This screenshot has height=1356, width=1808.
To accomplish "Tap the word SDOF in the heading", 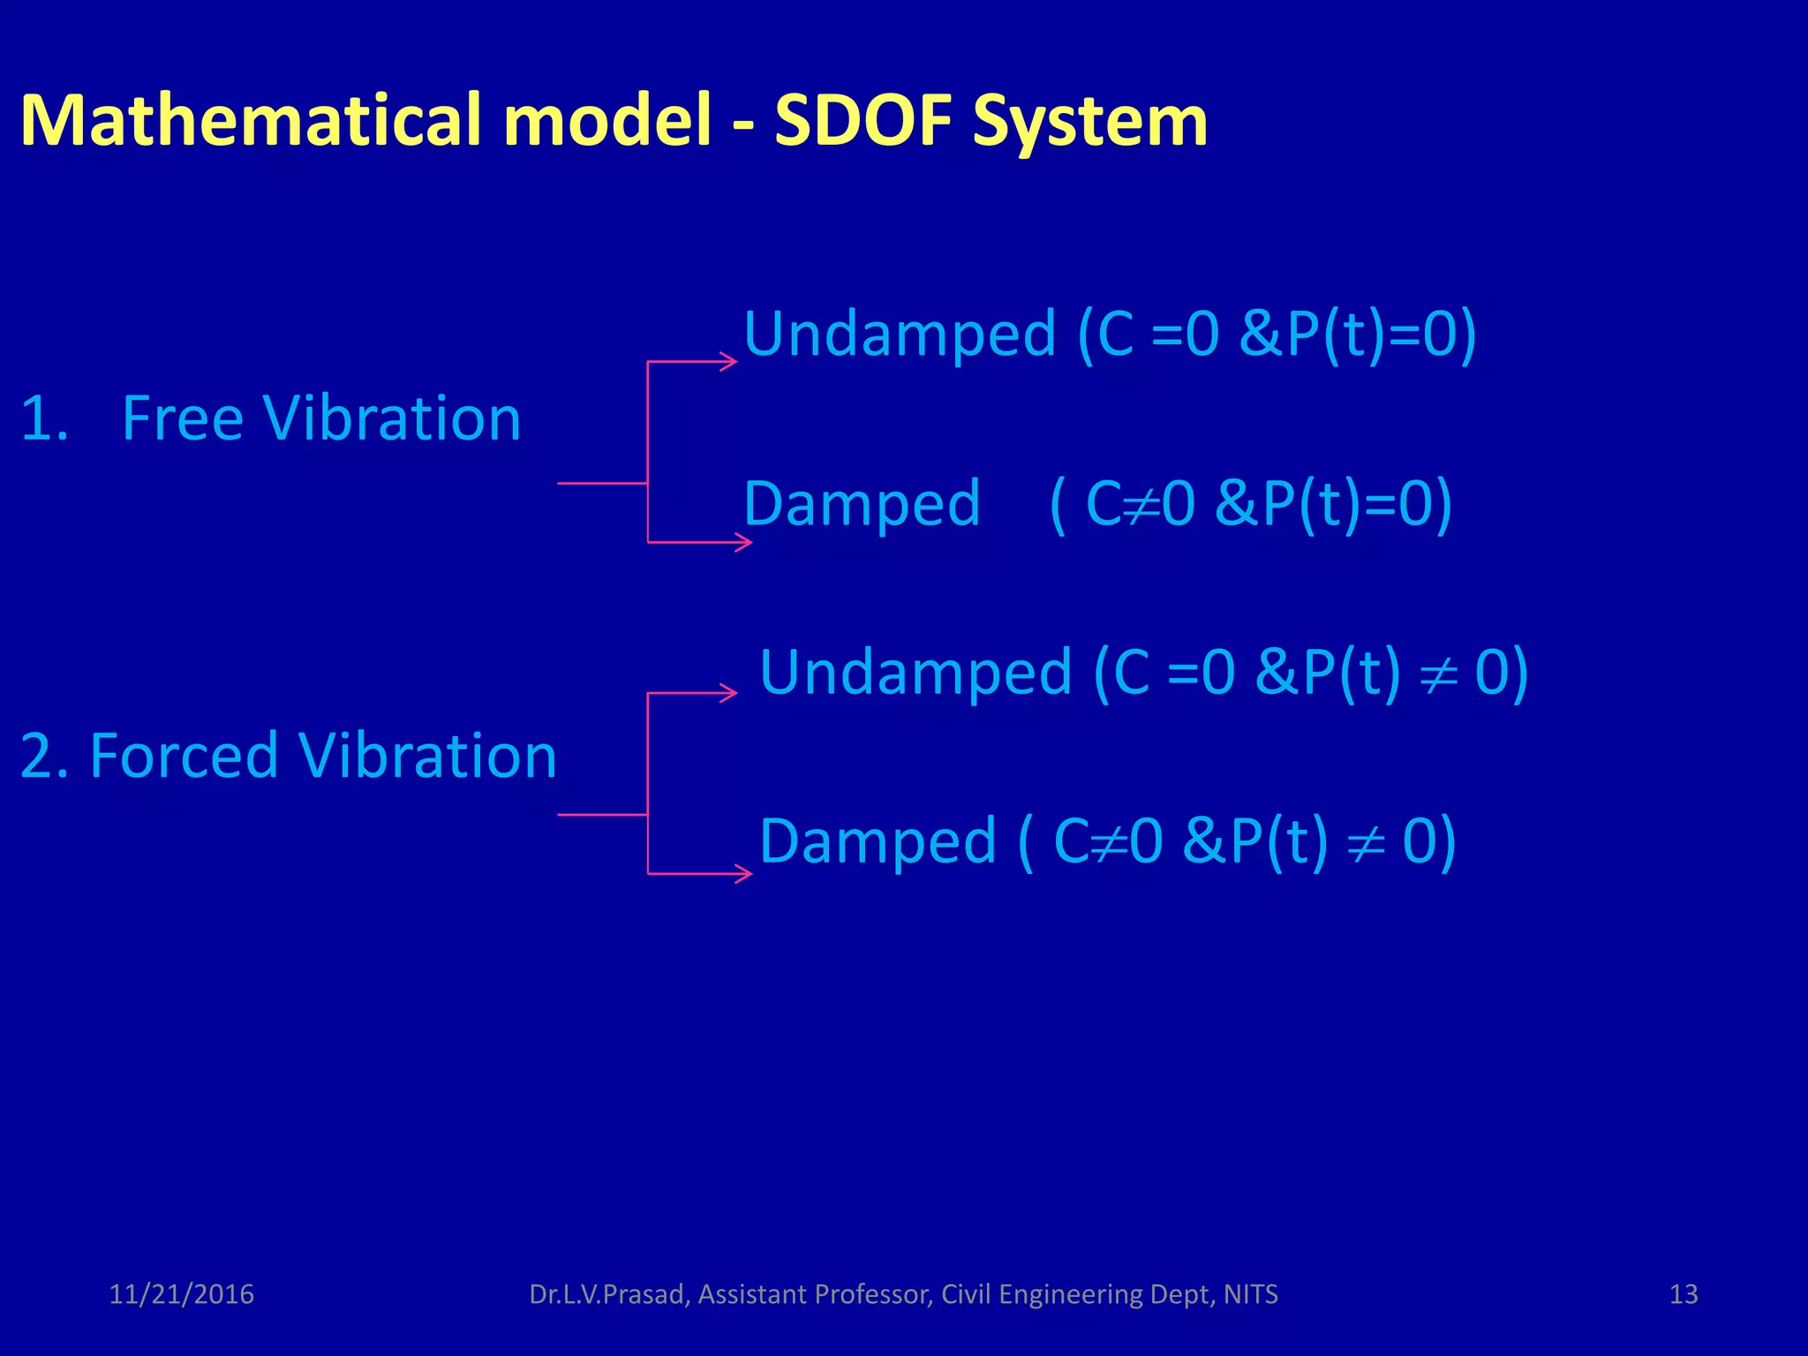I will click(x=863, y=120).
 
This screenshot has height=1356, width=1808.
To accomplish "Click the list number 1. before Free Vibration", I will click(x=44, y=418).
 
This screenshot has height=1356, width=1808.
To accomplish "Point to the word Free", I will click(x=182, y=418).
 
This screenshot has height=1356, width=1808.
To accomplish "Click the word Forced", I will click(x=184, y=757).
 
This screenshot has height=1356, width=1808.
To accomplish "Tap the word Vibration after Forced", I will click(x=427, y=757).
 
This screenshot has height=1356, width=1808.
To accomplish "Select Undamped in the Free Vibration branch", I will click(x=900, y=335).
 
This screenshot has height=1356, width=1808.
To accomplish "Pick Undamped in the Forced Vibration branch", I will click(x=915, y=674).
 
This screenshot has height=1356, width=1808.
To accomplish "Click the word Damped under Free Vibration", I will click(x=862, y=504).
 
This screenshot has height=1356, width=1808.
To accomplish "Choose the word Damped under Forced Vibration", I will click(x=878, y=841).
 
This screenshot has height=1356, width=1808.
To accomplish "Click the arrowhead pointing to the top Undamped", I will click(x=729, y=361).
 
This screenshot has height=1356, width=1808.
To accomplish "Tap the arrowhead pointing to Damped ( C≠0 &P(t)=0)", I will click(x=744, y=542).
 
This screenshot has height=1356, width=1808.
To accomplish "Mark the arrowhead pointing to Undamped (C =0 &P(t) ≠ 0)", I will click(x=729, y=693).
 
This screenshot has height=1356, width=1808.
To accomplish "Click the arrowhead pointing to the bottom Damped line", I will click(x=744, y=874).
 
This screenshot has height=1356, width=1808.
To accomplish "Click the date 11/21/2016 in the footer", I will click(x=181, y=1294).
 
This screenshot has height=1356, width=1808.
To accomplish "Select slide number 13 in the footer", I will click(x=1684, y=1294).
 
